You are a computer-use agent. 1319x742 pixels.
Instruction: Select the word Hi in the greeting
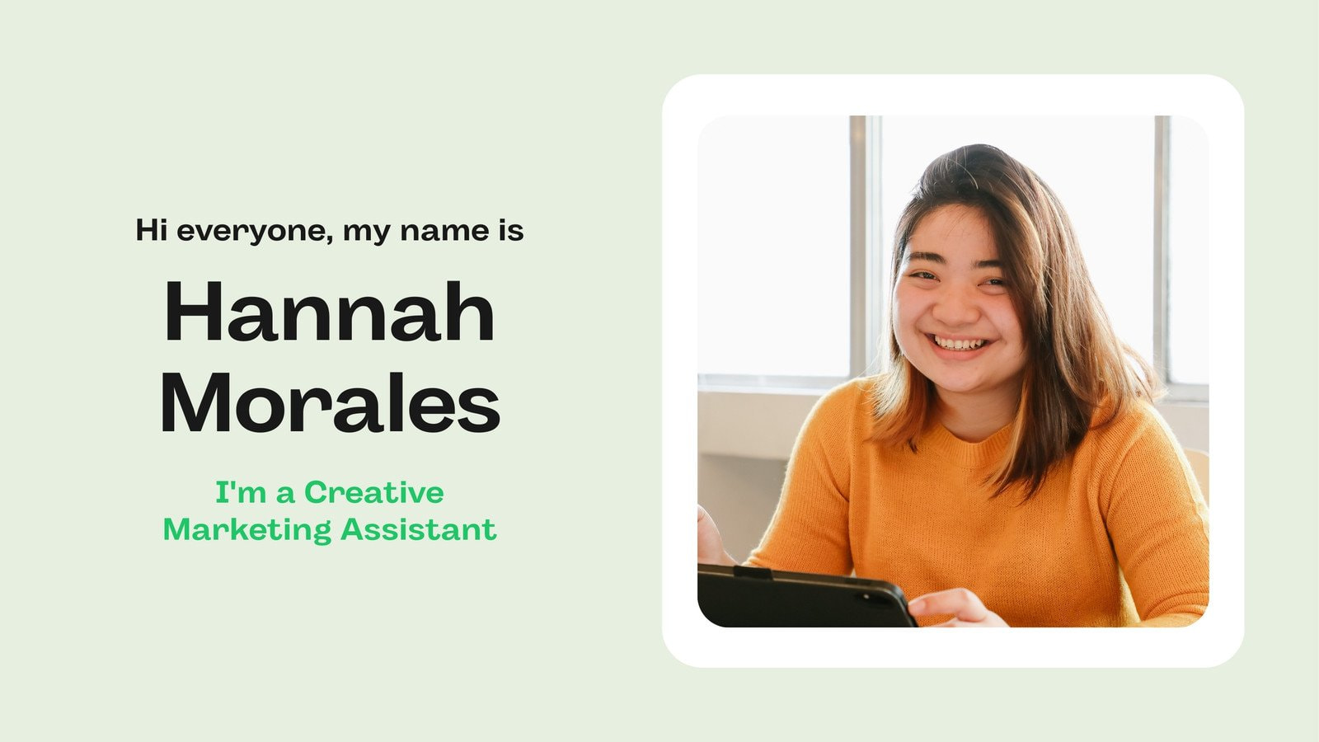(152, 230)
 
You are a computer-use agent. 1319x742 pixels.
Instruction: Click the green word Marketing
(247, 529)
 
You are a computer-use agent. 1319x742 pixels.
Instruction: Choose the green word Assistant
(418, 529)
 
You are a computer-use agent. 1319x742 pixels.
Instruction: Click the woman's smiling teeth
(959, 343)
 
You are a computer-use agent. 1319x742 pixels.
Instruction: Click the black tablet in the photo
(800, 598)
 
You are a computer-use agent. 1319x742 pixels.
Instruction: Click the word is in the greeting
(510, 230)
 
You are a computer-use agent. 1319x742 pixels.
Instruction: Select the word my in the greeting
(366, 232)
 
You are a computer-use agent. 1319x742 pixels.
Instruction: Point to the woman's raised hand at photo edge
(709, 540)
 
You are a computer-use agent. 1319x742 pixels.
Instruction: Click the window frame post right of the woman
(1162, 247)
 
